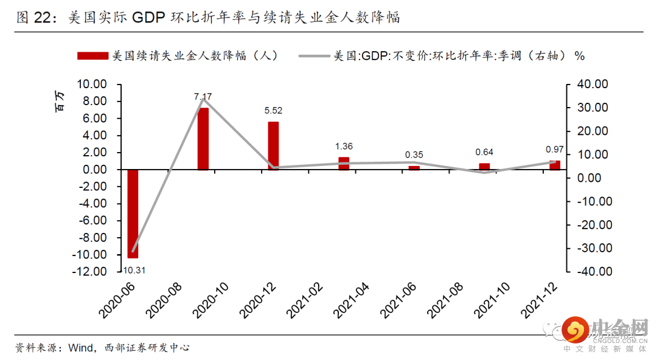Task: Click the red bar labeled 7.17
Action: pos(203,139)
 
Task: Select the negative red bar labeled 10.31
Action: pos(133,213)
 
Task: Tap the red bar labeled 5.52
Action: pos(274,146)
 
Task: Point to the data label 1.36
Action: pos(344,147)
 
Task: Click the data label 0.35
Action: pos(414,155)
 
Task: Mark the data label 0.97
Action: pos(555,149)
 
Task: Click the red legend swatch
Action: pos(92,55)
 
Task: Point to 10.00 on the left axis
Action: pos(91,85)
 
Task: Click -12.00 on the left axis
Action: pos(89,271)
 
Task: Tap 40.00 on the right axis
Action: pos(591,85)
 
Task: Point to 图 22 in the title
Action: pos(32,18)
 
